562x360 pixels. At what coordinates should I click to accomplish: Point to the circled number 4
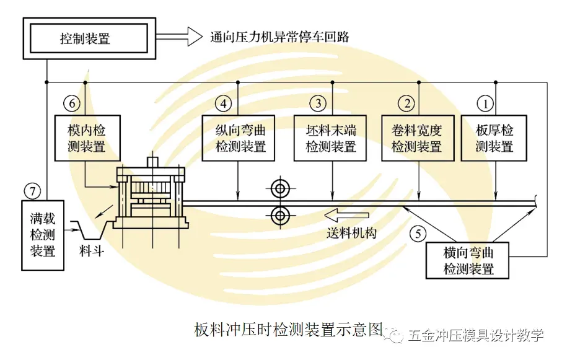(x=224, y=102)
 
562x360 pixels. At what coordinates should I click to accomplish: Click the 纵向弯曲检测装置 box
(x=240, y=138)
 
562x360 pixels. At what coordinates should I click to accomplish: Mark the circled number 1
(x=485, y=102)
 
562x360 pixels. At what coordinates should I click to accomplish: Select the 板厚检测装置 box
(x=494, y=138)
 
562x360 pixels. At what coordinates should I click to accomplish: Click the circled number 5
(x=419, y=234)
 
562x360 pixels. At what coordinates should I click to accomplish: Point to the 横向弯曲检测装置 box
(x=468, y=261)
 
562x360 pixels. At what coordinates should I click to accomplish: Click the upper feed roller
(x=279, y=188)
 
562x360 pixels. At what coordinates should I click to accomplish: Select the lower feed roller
(x=279, y=215)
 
